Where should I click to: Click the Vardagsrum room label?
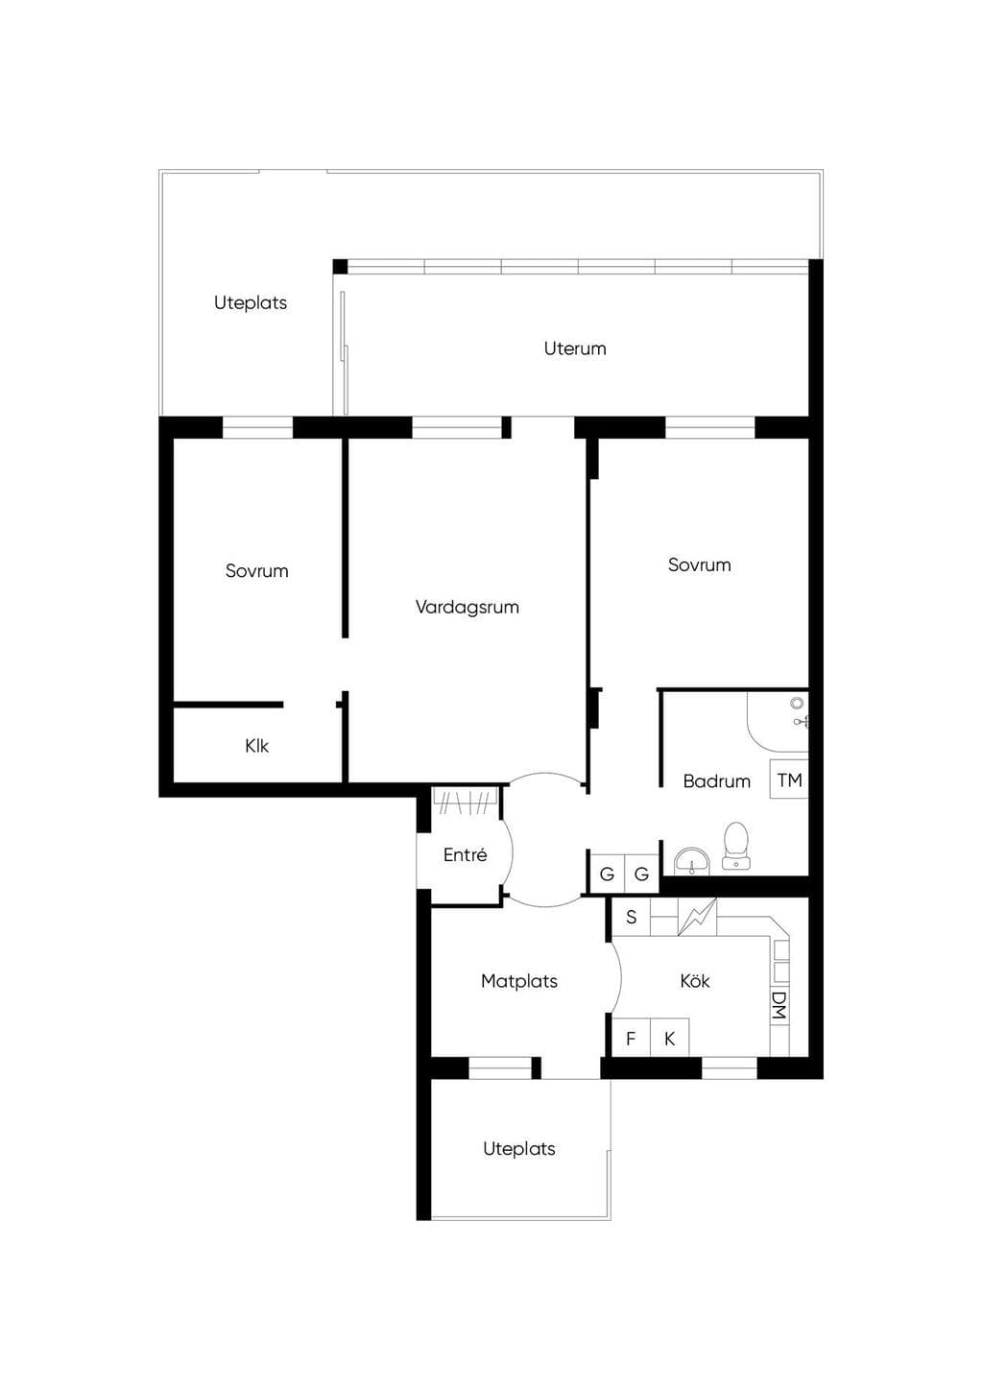[467, 607]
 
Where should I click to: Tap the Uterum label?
[575, 348]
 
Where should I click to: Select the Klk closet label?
[256, 745]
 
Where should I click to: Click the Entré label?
[465, 854]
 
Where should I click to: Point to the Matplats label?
[518, 980]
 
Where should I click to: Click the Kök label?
[694, 980]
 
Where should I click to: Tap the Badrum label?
[716, 780]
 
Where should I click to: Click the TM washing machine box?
[789, 779]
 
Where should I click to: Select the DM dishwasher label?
[779, 1005]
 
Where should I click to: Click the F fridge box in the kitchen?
[631, 1038]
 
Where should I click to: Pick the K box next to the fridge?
[670, 1038]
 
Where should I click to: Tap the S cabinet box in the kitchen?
[631, 917]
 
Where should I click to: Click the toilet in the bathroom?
[736, 846]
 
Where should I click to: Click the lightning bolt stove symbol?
[697, 917]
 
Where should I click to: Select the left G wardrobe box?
[607, 874]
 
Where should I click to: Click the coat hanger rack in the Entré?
[466, 801]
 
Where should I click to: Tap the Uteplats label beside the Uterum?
[251, 302]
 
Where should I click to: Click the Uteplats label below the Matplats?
[518, 1149]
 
